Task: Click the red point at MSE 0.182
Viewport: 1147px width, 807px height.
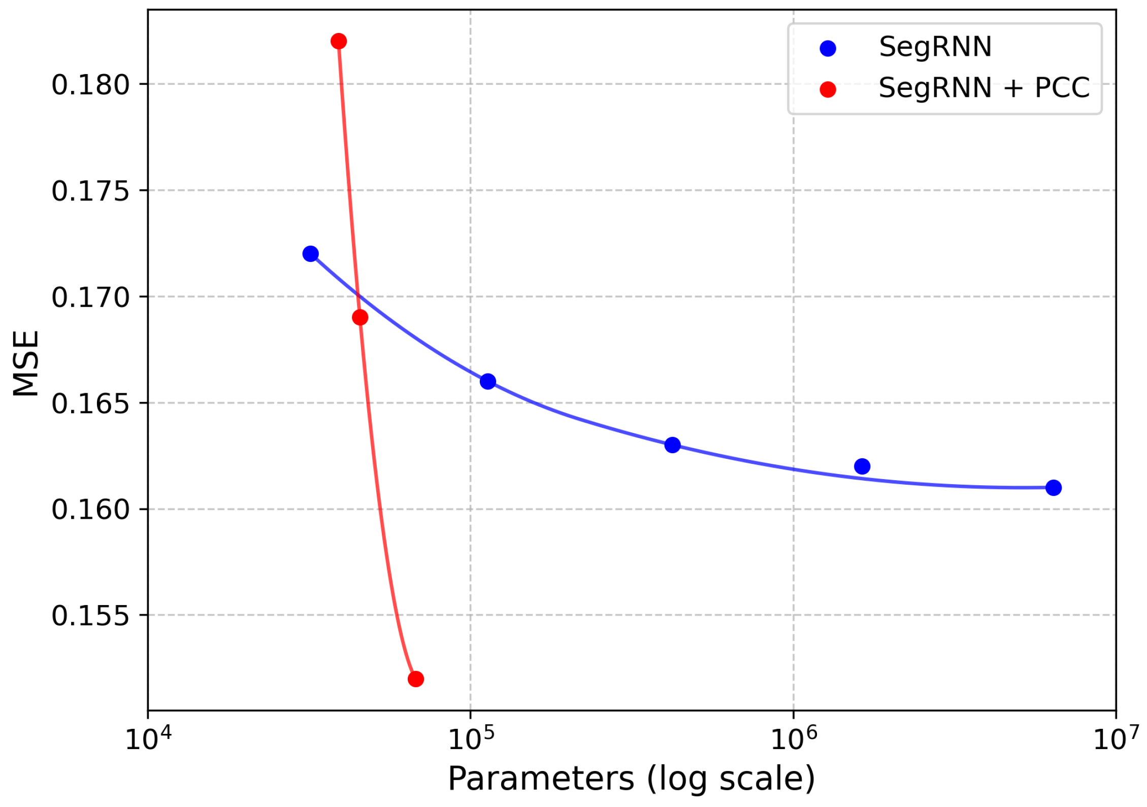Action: (x=339, y=41)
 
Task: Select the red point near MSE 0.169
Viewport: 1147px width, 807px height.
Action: (x=360, y=318)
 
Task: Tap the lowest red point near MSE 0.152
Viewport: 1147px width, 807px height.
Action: (x=416, y=679)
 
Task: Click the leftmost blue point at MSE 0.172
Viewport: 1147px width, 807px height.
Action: (x=310, y=254)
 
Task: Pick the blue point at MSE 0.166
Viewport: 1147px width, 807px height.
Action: (x=488, y=382)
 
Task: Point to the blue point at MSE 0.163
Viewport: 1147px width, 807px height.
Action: (x=673, y=445)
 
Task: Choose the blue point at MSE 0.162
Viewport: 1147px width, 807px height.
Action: (x=862, y=466)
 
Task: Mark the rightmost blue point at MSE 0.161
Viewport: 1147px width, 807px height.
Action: (x=1054, y=488)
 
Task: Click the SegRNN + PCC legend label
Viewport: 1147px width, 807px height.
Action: (x=984, y=88)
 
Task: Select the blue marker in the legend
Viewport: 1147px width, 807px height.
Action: (x=828, y=49)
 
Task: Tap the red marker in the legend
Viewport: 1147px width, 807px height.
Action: (x=828, y=90)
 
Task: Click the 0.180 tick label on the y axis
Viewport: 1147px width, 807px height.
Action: (x=90, y=85)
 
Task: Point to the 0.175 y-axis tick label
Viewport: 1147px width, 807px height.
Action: (x=90, y=191)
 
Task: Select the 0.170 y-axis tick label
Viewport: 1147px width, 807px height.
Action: (x=90, y=297)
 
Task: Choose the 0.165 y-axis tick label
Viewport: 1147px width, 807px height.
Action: (x=90, y=404)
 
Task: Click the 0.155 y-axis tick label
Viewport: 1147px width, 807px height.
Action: (x=90, y=616)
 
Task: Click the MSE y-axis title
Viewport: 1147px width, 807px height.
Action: (x=26, y=363)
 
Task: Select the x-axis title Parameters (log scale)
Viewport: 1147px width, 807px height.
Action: (x=631, y=780)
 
